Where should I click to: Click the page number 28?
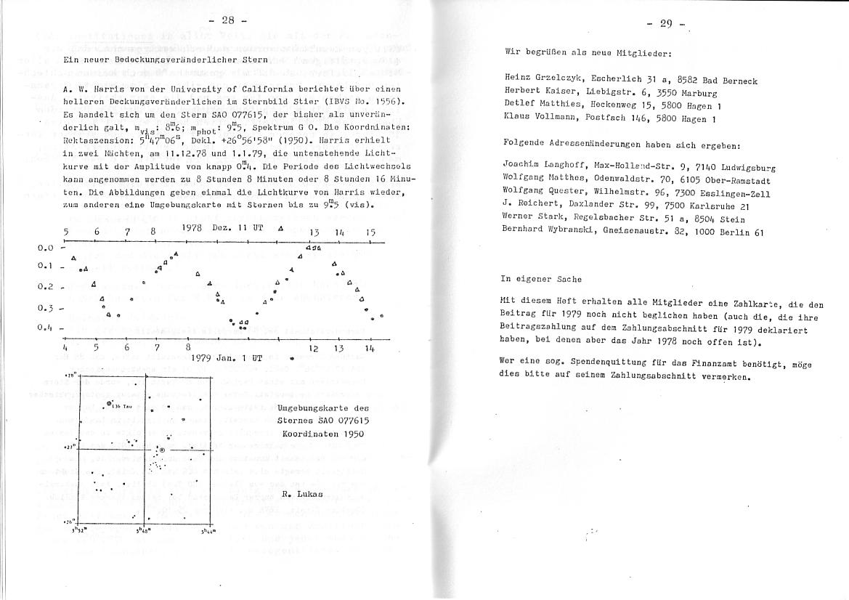(x=227, y=20)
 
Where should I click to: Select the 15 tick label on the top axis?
(x=370, y=232)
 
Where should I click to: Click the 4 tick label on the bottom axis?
(x=65, y=348)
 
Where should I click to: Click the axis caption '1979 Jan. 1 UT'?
(x=226, y=358)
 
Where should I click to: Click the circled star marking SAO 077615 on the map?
(x=162, y=451)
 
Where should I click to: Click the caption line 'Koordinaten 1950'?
(x=322, y=434)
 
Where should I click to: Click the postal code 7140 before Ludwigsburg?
(x=683, y=168)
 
